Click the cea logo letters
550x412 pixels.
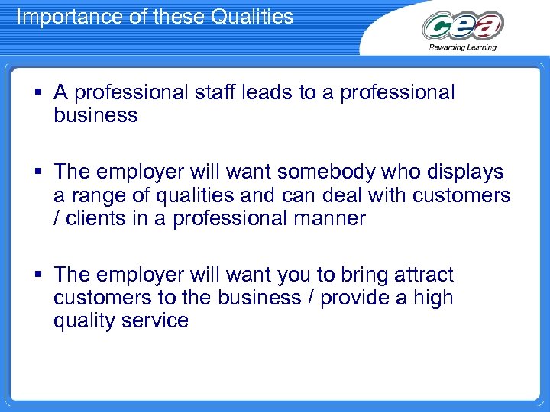point(463,26)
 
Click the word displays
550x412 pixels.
point(464,172)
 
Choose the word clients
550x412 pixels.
point(95,219)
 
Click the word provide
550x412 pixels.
point(354,298)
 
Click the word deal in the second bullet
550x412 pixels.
point(344,196)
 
